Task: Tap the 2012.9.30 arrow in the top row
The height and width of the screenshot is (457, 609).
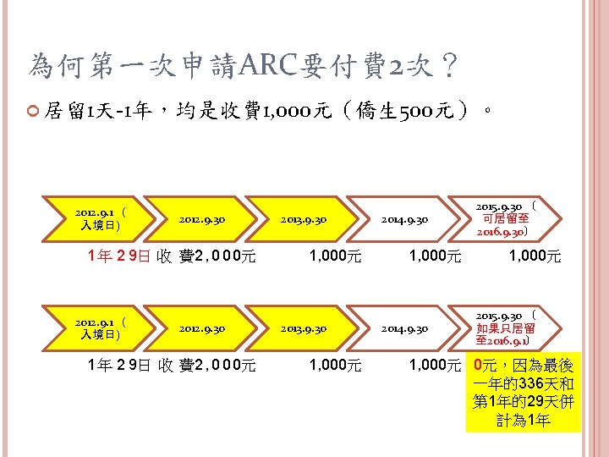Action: [x=202, y=219]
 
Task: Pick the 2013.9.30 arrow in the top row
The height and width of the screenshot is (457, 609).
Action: [x=304, y=219]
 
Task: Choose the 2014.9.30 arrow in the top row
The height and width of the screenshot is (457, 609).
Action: [x=405, y=219]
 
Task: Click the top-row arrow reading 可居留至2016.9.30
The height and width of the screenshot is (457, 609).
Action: [x=505, y=219]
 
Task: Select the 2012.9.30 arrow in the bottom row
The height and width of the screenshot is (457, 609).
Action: [x=202, y=328]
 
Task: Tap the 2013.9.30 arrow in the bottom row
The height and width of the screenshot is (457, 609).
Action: [x=304, y=328]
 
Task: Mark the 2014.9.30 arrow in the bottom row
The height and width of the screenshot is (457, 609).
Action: [x=405, y=328]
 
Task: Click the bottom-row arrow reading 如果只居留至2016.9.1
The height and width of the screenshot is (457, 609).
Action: [x=505, y=328]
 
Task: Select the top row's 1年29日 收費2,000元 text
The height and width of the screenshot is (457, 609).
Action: [x=173, y=256]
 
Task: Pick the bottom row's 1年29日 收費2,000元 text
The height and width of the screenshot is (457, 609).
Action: [x=173, y=366]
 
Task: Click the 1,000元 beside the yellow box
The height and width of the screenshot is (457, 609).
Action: [x=433, y=366]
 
